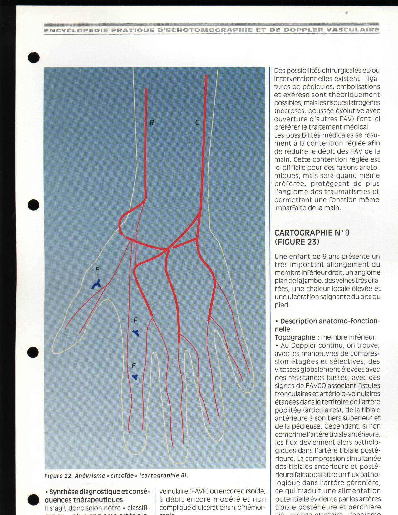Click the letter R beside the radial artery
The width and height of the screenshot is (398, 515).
pos(152,123)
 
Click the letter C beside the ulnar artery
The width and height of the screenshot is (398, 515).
pos(197,122)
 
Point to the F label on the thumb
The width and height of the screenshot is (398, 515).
pos(97,270)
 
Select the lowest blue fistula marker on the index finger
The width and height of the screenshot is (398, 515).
pos(135,377)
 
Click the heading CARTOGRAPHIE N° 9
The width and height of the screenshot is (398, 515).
pos(312,233)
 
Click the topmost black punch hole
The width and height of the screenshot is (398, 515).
pos(33,58)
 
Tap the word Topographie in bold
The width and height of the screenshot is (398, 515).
pos(295,337)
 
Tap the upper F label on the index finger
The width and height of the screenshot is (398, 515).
pos(135,320)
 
